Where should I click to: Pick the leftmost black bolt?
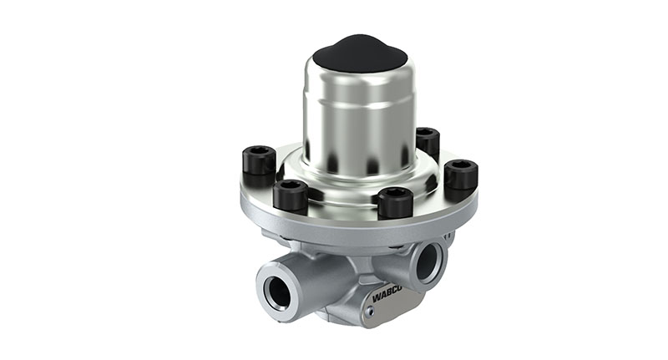[x=258, y=165]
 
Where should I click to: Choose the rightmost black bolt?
[x=461, y=175]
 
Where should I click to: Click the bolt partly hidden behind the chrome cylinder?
[x=427, y=142]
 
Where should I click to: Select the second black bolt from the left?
[x=290, y=196]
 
